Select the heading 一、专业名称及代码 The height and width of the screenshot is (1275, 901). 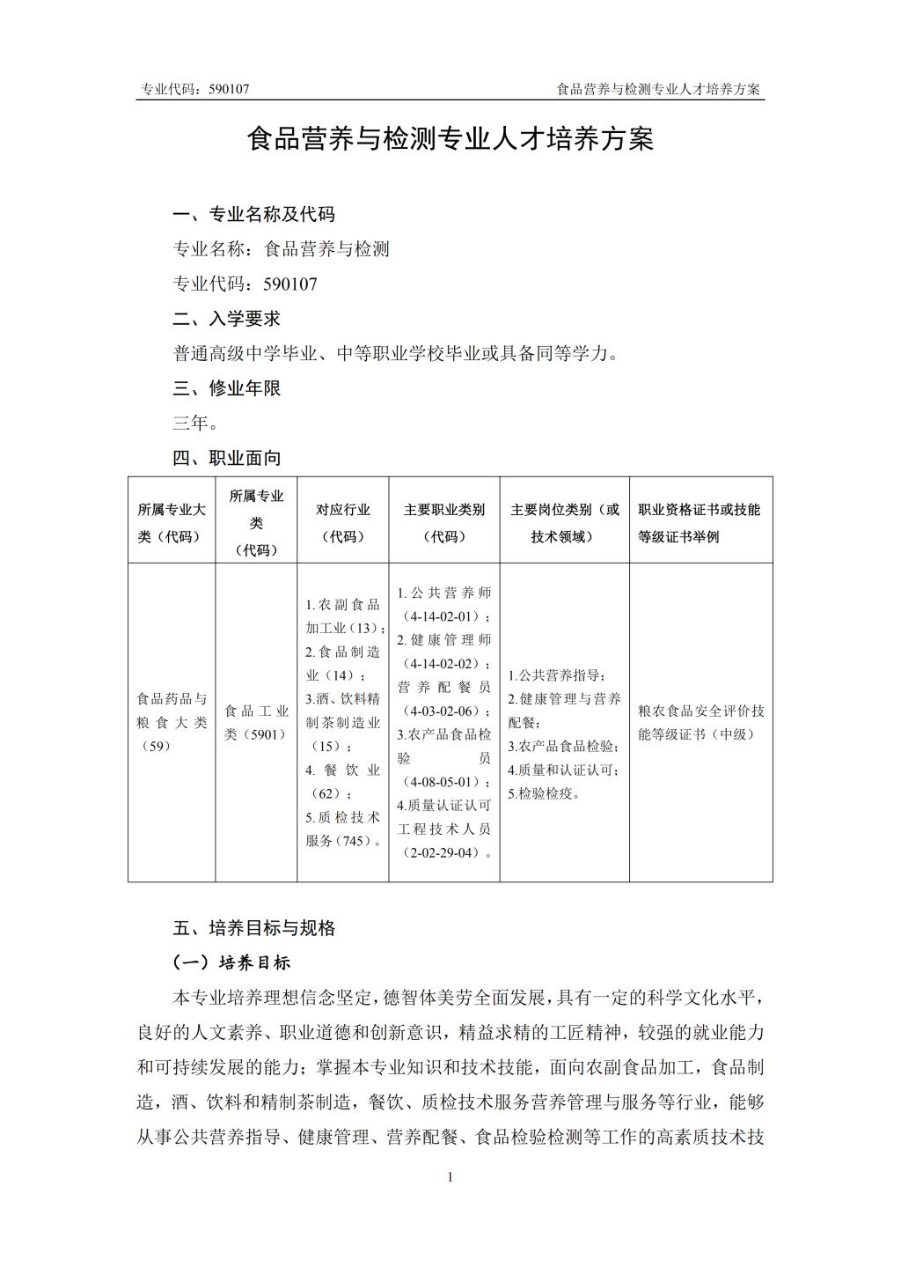(x=253, y=214)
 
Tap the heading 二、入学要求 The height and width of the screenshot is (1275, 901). (x=226, y=319)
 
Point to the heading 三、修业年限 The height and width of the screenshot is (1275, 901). (x=226, y=388)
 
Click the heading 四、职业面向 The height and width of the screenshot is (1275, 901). (x=226, y=458)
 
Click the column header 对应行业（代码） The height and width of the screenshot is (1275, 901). (x=343, y=523)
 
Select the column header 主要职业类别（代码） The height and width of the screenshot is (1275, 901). (x=444, y=523)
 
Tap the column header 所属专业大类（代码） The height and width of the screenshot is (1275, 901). (x=172, y=523)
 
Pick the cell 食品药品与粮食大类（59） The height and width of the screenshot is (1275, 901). (x=172, y=723)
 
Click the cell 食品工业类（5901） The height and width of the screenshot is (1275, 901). (x=256, y=723)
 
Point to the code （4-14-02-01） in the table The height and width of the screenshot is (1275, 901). (x=444, y=616)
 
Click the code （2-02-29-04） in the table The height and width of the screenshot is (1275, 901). (x=444, y=852)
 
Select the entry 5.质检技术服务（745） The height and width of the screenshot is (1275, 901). (x=343, y=829)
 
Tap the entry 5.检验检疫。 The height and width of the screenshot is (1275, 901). (x=544, y=793)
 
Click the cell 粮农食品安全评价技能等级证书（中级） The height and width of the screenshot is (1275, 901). (x=701, y=723)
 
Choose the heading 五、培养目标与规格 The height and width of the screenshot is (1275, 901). (x=253, y=928)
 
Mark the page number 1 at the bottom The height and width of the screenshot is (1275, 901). (x=450, y=1177)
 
